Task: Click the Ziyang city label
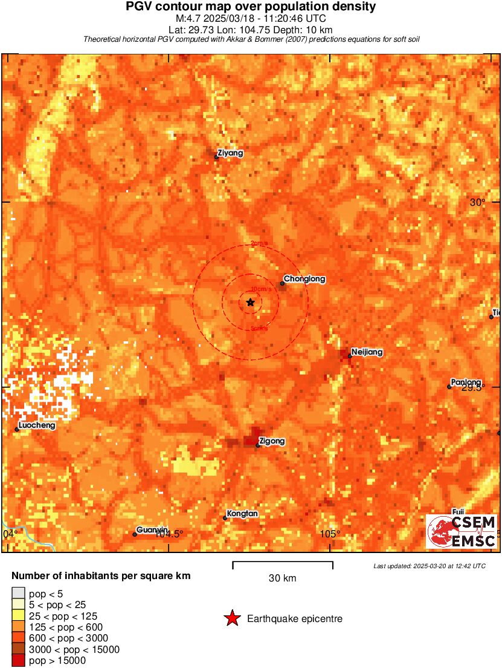[230, 153]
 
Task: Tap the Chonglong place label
[304, 279]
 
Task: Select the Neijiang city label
[367, 352]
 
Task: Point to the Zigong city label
[271, 441]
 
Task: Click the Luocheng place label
[37, 425]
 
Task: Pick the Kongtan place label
[242, 514]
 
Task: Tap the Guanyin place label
[151, 530]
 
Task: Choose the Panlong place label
[466, 382]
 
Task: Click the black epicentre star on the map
[251, 302]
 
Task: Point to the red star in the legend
[231, 618]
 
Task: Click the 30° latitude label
[477, 202]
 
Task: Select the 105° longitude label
[330, 533]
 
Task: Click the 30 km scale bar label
[282, 578]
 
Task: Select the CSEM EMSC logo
[462, 532]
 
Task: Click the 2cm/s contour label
[259, 244]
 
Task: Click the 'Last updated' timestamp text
[429, 566]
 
